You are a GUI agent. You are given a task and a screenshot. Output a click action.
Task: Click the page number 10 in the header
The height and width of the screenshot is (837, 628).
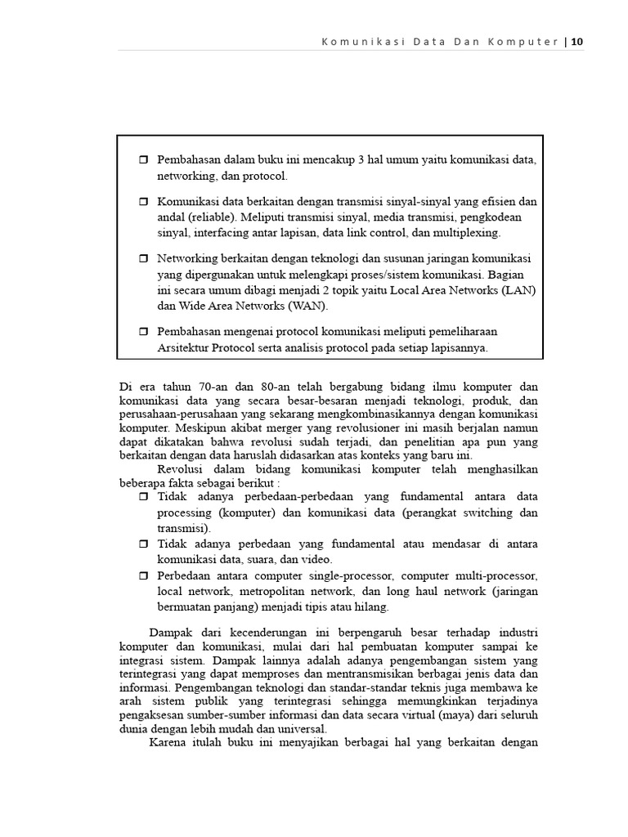tap(577, 42)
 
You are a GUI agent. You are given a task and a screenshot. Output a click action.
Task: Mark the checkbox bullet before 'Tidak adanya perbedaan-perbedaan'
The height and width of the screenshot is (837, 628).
tap(144, 497)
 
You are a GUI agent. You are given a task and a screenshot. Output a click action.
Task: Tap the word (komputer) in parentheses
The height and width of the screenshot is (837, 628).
tap(248, 512)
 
